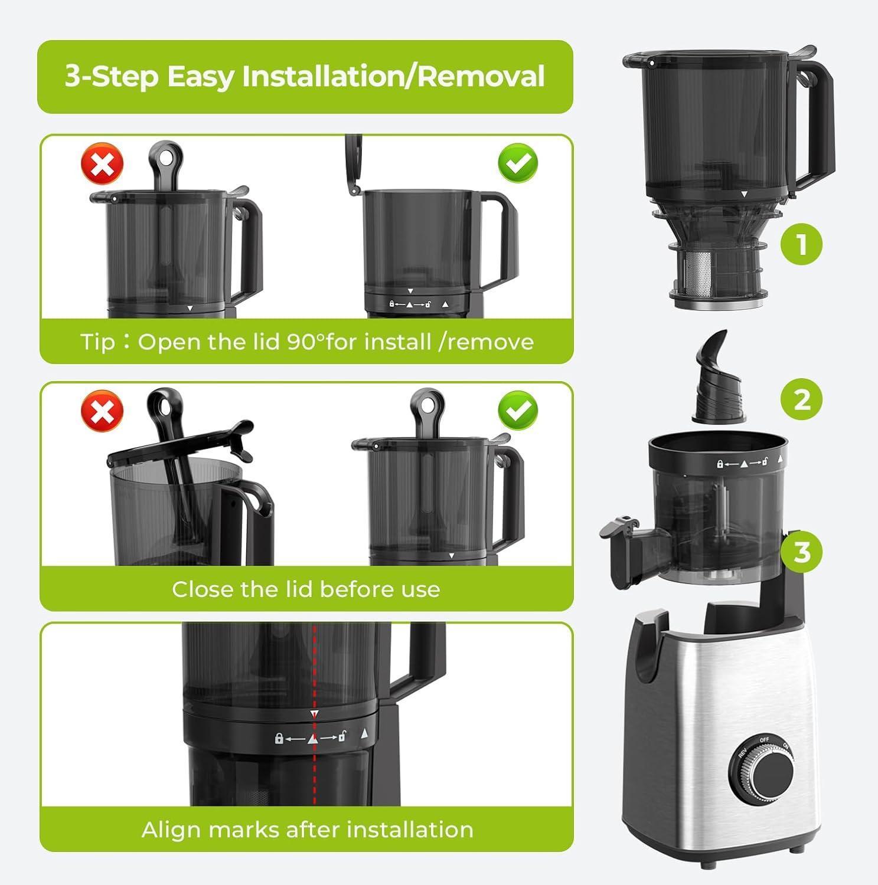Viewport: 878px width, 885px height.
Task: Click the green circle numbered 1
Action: pos(801,244)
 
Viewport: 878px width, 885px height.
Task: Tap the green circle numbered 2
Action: pos(801,399)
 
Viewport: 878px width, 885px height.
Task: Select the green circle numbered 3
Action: pos(801,552)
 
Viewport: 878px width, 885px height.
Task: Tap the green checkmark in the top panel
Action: pos(518,163)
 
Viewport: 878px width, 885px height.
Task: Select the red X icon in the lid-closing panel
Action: pos(102,411)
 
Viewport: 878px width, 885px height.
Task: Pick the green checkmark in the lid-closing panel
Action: pos(518,411)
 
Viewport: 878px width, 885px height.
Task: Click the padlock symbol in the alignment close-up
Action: pos(279,738)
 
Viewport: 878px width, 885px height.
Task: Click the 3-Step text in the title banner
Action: pos(112,77)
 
